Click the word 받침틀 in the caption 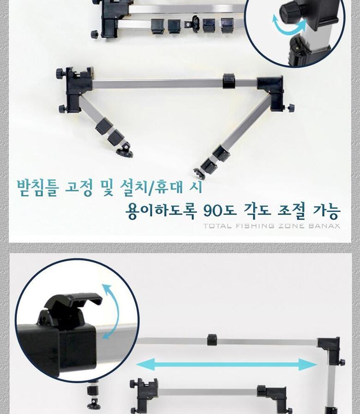coord(37,188)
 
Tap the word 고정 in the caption coord(79,188)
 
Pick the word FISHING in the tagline coord(254,226)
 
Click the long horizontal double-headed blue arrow coord(226,365)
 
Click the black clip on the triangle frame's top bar coord(229,81)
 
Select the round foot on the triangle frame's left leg coord(125,150)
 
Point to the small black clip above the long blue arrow coord(212,340)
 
